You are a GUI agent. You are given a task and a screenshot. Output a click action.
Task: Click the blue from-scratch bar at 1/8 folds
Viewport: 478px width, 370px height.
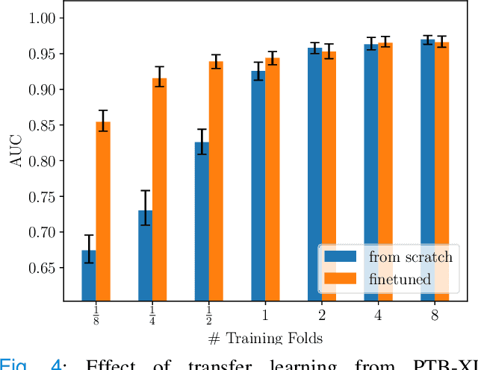(x=88, y=275)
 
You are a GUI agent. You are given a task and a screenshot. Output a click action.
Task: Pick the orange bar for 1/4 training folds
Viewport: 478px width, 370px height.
(x=159, y=189)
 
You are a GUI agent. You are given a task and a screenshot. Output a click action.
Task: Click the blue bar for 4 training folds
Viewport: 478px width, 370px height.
(x=371, y=172)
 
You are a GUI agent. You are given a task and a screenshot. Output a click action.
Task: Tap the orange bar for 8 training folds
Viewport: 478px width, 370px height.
(x=441, y=171)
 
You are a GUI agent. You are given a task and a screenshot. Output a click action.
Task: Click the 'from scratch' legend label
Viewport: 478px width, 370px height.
(x=410, y=257)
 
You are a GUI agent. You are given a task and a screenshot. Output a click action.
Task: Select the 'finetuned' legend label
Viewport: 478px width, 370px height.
(x=400, y=280)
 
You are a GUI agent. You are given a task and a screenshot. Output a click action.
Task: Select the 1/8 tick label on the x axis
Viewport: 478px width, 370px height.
(x=96, y=316)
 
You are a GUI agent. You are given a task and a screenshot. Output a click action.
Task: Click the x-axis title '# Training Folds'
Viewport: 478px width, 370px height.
(x=264, y=339)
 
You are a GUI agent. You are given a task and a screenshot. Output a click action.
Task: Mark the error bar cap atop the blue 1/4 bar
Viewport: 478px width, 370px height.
(x=145, y=191)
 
